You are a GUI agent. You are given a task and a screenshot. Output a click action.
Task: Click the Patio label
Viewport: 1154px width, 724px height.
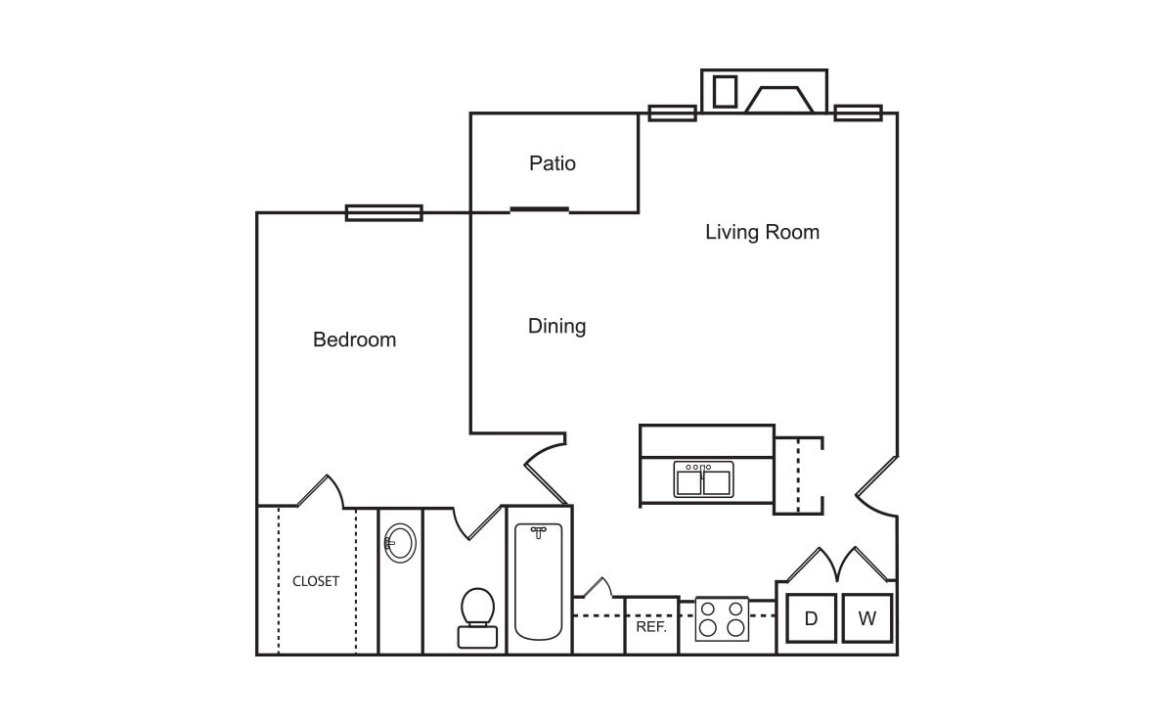pyautogui.click(x=552, y=162)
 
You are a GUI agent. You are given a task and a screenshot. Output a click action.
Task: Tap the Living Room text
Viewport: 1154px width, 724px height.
pyautogui.click(x=762, y=232)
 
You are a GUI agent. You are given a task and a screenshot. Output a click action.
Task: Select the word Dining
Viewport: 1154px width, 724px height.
pyautogui.click(x=557, y=326)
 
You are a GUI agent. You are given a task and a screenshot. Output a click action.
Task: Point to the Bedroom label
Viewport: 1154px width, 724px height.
pyautogui.click(x=354, y=339)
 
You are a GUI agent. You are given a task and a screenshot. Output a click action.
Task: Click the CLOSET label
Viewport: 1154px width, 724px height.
pyautogui.click(x=316, y=581)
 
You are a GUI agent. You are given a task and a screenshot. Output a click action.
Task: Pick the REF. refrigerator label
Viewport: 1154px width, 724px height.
pyautogui.click(x=651, y=627)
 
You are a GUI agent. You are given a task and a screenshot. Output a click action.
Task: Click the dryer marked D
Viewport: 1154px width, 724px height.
pyautogui.click(x=811, y=618)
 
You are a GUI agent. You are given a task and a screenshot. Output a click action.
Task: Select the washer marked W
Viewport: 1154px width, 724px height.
pyautogui.click(x=867, y=618)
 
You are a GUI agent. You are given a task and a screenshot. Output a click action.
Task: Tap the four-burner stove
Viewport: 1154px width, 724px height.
pyautogui.click(x=722, y=618)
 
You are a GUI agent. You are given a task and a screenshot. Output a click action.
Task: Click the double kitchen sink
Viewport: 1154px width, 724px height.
pyautogui.click(x=703, y=479)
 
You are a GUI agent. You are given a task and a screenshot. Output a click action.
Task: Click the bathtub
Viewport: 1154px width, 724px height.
pyautogui.click(x=539, y=581)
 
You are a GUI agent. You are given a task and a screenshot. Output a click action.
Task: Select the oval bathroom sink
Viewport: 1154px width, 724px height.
pyautogui.click(x=400, y=544)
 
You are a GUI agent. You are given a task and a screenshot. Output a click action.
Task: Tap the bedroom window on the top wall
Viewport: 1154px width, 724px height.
pyautogui.click(x=384, y=213)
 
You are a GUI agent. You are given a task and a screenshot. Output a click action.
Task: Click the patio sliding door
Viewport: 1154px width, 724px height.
pyautogui.click(x=540, y=210)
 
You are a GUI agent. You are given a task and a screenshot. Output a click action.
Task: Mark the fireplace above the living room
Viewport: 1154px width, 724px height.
pyautogui.click(x=779, y=100)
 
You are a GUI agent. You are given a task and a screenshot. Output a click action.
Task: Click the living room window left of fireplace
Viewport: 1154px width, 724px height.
pyautogui.click(x=673, y=113)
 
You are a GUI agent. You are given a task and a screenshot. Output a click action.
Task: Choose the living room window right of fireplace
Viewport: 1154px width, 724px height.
pyautogui.click(x=858, y=113)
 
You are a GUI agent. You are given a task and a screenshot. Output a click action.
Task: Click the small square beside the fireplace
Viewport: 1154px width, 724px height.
pyautogui.click(x=725, y=92)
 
